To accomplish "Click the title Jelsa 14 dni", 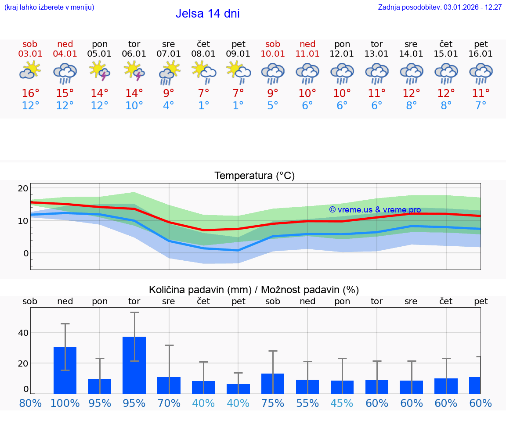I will coord(207,14).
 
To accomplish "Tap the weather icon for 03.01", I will coord(30,70).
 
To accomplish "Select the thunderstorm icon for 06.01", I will coord(134,71).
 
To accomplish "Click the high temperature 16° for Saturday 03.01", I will coord(30,94).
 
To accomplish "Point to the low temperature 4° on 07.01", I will coord(169,106).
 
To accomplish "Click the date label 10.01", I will coord(273,54).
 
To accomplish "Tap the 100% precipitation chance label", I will coord(65,403).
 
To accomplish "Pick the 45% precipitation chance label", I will coord(342,403).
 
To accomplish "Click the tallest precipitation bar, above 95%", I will coord(134,365).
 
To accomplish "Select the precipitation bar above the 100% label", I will coord(65,370).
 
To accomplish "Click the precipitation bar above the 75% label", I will coord(273,384).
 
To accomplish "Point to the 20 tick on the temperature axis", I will coord(23,189).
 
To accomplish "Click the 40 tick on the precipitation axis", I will coord(23,333).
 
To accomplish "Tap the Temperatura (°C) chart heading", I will coord(254,176).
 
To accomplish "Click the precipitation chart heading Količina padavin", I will coord(254,290).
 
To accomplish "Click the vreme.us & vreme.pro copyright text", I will coord(375,210).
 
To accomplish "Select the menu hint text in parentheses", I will coord(49,7).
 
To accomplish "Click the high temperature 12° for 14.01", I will coord(411,94).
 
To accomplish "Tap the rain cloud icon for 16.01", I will coord(481,73).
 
